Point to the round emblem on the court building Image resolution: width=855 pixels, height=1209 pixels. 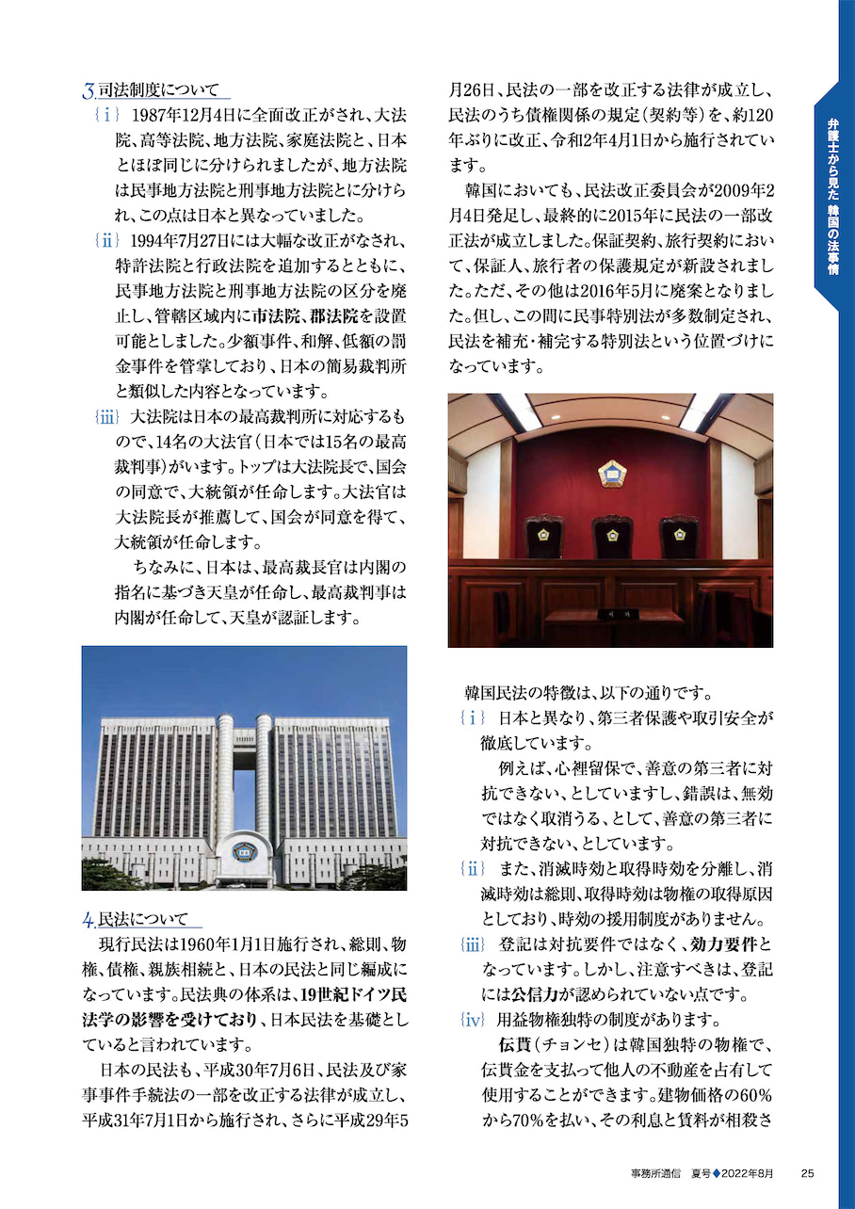pos(244,850)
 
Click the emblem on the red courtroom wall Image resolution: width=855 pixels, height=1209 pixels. pos(611,474)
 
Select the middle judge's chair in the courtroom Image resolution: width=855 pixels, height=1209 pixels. pos(612,538)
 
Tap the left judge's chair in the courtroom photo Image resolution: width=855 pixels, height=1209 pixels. pos(543,538)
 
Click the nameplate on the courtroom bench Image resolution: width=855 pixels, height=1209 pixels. pos(609,612)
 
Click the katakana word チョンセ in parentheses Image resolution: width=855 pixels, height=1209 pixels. pos(589,1046)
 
